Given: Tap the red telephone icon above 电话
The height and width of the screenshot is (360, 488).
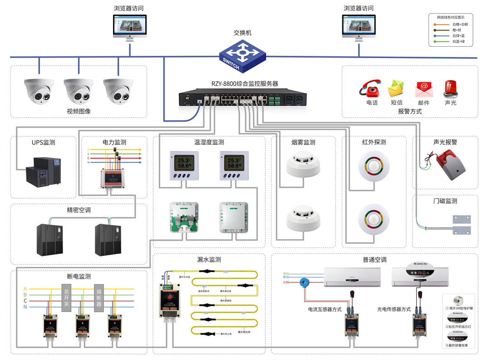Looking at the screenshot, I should click(370, 88).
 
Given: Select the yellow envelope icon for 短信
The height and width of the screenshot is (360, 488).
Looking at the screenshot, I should click(396, 89).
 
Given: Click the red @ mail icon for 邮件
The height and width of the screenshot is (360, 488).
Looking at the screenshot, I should click(423, 89).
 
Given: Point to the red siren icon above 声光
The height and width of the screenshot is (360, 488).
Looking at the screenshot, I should click(450, 89).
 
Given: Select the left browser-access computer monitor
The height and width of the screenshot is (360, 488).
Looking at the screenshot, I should click(130, 26).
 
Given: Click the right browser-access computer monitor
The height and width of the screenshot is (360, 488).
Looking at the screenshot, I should click(359, 26).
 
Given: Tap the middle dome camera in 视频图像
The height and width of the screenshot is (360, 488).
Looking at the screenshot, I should click(79, 91).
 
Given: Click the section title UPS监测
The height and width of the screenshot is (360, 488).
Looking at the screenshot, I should click(44, 143).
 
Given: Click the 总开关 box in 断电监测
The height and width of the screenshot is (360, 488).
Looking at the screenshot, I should click(67, 298).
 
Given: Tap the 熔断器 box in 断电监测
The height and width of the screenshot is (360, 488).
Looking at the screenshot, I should click(99, 298).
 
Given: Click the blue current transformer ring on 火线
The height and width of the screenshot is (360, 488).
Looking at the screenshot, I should click(304, 283).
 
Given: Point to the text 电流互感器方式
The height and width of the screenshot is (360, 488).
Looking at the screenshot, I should click(325, 309).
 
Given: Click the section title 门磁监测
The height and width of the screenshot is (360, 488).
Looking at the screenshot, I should click(445, 201).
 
